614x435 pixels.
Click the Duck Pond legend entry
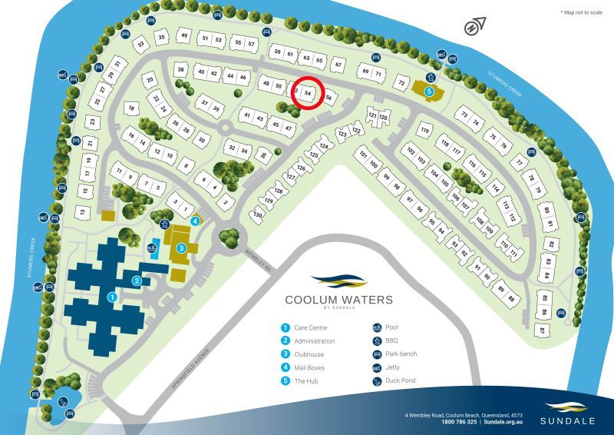(396, 381)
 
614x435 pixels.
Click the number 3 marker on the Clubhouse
(181, 247)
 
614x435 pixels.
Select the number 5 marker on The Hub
(430, 91)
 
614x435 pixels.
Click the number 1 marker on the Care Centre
(111, 295)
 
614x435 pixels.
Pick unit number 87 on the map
(542, 330)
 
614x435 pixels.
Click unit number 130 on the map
(258, 216)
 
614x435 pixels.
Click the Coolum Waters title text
(338, 300)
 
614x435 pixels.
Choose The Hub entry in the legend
(305, 381)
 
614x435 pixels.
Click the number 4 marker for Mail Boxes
(196, 221)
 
